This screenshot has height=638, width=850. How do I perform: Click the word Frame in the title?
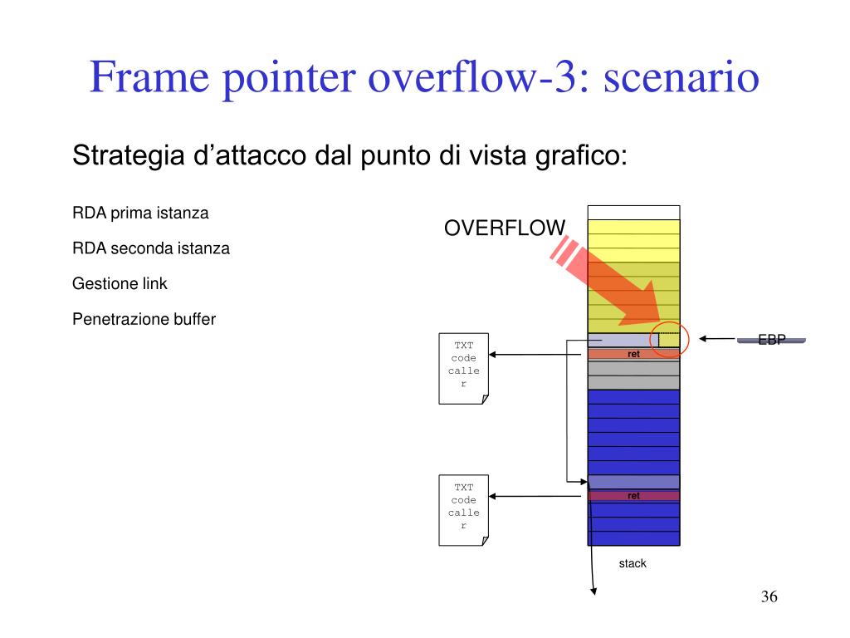coord(149,76)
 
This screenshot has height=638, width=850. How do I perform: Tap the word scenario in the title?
coord(681,77)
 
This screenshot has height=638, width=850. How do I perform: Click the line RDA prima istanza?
coord(140,213)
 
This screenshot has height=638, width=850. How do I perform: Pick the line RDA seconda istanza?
coord(151,248)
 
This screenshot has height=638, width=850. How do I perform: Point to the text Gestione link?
coord(120,283)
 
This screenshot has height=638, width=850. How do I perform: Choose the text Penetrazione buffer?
coord(144,319)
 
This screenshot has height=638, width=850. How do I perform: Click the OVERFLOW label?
coord(505,228)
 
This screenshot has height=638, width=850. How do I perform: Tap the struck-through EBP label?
coord(771,340)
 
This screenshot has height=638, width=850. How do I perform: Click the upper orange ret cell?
coord(633,354)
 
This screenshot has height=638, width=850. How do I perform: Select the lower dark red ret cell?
coord(633,496)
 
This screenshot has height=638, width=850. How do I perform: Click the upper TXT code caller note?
coord(463,368)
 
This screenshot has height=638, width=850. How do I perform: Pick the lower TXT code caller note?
coord(463,510)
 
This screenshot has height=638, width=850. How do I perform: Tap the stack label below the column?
coord(633,563)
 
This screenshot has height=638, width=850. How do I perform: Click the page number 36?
coord(769,596)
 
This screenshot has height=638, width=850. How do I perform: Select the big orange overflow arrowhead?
coord(642,306)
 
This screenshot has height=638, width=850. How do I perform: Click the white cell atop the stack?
coord(633,213)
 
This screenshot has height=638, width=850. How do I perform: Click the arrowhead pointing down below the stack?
coord(594,591)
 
